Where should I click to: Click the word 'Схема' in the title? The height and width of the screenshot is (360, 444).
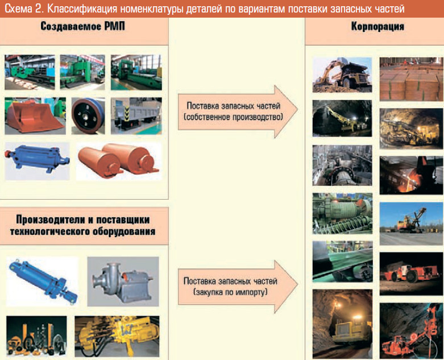pyautogui.click(x=19, y=8)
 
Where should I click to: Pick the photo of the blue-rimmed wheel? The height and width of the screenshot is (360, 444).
pyautogui.click(x=88, y=116)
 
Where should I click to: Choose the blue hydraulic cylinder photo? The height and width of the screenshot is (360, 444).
pyautogui.click(x=42, y=282)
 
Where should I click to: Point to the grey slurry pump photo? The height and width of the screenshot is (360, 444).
pyautogui.click(x=122, y=282)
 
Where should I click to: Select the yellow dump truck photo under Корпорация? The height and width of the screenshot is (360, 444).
pyautogui.click(x=342, y=74)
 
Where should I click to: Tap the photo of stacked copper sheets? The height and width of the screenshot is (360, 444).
pyautogui.click(x=407, y=78)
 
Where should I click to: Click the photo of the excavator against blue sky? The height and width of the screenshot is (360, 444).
pyautogui.click(x=407, y=222)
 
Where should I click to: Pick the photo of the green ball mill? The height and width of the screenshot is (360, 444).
pyautogui.click(x=342, y=214)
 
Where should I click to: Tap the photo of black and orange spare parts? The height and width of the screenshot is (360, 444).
pyautogui.click(x=35, y=337)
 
